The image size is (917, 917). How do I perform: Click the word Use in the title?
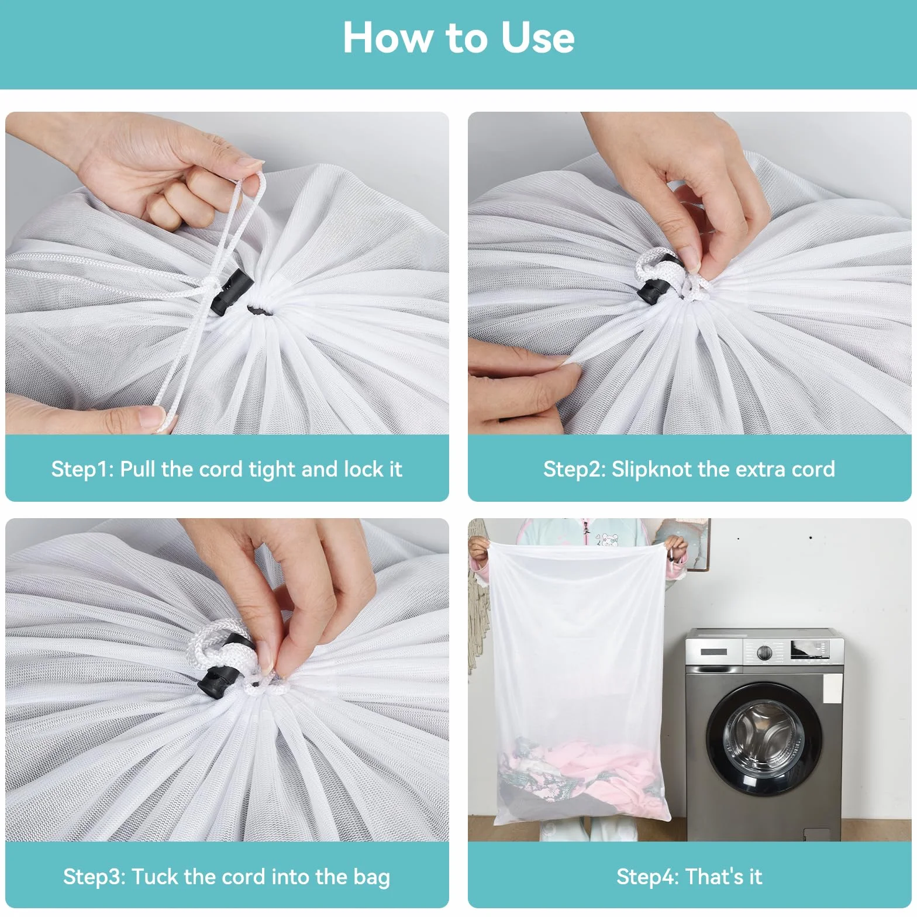[x=537, y=38]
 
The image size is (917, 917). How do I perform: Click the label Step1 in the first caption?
[x=82, y=470]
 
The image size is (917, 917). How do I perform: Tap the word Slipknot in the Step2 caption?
[x=651, y=470]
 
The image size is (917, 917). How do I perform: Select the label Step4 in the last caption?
[x=647, y=877]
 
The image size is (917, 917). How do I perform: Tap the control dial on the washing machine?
[x=764, y=651]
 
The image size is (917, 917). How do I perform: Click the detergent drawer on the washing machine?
[x=713, y=651]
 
